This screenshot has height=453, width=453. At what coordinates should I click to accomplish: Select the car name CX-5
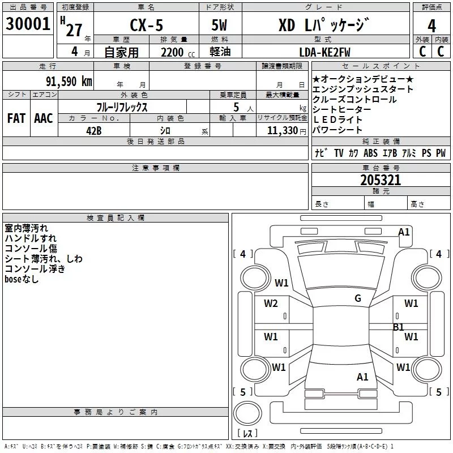pyautogui.click(x=144, y=25)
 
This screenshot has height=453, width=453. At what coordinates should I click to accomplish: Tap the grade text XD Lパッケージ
pyautogui.click(x=323, y=25)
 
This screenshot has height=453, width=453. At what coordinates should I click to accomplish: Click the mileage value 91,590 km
pyautogui.click(x=68, y=80)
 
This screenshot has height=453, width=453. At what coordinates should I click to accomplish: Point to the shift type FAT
pyautogui.click(x=16, y=118)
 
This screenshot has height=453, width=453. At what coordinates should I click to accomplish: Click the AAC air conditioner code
pyautogui.click(x=43, y=118)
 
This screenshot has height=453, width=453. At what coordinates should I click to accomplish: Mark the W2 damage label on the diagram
pyautogui.click(x=271, y=304)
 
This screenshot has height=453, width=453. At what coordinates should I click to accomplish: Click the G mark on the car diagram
pyautogui.click(x=358, y=298)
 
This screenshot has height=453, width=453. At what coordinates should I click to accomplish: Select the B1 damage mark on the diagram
pyautogui.click(x=399, y=327)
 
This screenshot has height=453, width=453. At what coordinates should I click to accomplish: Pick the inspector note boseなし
pyautogui.click(x=22, y=279)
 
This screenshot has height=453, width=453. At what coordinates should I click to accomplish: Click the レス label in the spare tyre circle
pyautogui.click(x=247, y=434)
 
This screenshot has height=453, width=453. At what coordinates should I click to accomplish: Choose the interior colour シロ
pyautogui.click(x=174, y=130)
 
